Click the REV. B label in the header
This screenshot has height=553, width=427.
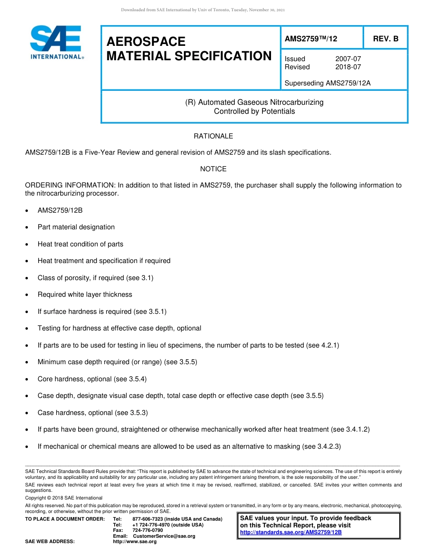pyautogui.click(x=386, y=39)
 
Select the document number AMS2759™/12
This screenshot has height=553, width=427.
pyautogui.click(x=311, y=39)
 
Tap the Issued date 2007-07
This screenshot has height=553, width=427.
pyautogui.click(x=348, y=59)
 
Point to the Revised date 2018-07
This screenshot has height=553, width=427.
pyautogui.click(x=348, y=67)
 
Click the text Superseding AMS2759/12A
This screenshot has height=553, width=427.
pyautogui.click(x=328, y=83)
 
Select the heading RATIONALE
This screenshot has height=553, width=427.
pyautogui.click(x=213, y=136)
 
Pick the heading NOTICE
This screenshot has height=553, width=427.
pyautogui.click(x=213, y=169)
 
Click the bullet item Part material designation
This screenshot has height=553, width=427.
pyautogui.click(x=76, y=227)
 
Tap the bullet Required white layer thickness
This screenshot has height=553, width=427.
pyautogui.click(x=85, y=294)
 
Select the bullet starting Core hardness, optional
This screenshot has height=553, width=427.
pyautogui.click(x=92, y=379)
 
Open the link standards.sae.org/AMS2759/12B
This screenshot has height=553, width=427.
pyautogui.click(x=291, y=532)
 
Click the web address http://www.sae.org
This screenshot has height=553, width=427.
pyautogui.click(x=135, y=542)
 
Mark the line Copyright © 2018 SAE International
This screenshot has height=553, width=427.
pyautogui.click(x=64, y=498)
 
